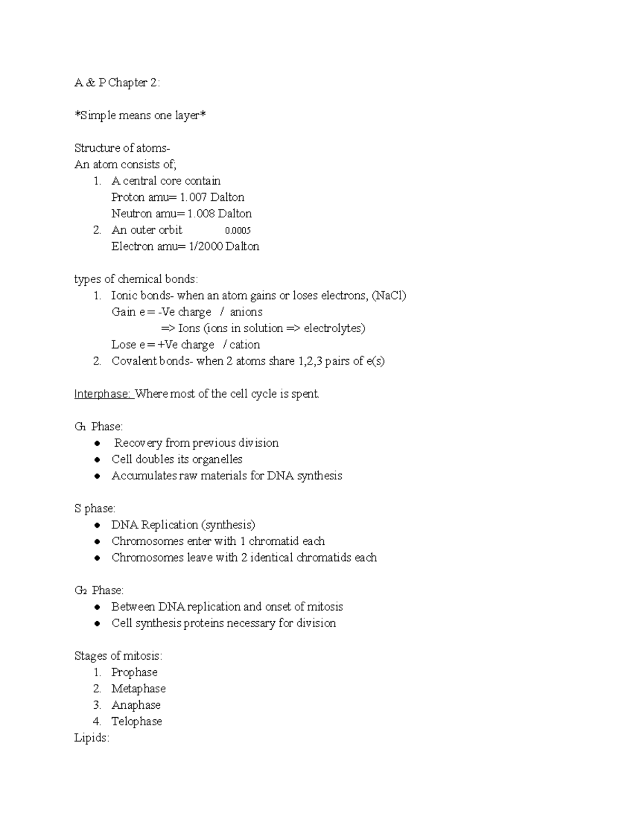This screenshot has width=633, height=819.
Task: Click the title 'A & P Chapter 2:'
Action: pos(117,83)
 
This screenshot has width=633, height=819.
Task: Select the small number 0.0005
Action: pos(237,230)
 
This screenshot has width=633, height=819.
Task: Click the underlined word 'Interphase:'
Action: pos(103,394)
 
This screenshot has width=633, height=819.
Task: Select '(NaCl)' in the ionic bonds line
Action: pos(389,295)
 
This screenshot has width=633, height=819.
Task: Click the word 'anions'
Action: pos(246,312)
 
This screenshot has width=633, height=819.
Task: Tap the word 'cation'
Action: pos(245,344)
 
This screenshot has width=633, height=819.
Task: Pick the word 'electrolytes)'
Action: pos(334,328)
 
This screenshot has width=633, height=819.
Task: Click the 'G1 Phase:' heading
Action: pos(99,427)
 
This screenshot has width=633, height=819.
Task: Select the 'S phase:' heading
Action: pos(95,508)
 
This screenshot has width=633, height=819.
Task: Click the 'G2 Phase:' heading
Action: pos(99,590)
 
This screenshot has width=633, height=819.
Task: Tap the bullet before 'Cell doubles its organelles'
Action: pos(97,460)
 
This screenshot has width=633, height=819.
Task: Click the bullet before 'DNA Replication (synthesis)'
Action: pos(97,525)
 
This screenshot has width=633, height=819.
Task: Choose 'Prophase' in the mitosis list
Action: pos(134,672)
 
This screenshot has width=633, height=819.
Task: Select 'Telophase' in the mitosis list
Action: pos(136,721)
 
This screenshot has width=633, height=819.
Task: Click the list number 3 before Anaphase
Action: pos(97,705)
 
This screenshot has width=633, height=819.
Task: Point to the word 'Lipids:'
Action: pos(92,738)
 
